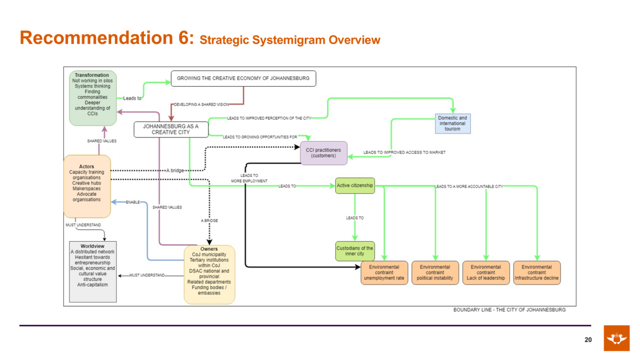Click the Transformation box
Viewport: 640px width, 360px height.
(x=93, y=98)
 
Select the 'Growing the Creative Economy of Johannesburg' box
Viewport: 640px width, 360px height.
(x=243, y=79)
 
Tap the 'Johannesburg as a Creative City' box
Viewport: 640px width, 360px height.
(x=171, y=129)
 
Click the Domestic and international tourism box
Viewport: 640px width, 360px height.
(x=453, y=123)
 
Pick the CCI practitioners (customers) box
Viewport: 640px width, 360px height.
(x=324, y=153)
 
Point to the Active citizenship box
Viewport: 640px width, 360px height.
(x=355, y=185)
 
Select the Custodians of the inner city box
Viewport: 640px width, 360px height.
(x=355, y=251)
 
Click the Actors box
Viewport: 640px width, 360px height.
(x=87, y=186)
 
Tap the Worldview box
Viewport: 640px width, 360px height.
(x=93, y=271)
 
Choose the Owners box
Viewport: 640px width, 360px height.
(x=209, y=275)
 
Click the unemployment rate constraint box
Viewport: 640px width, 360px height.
(x=384, y=273)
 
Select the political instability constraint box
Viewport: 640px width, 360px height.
(x=435, y=273)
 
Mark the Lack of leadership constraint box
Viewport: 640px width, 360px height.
(x=486, y=273)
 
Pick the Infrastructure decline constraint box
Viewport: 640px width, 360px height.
(x=537, y=273)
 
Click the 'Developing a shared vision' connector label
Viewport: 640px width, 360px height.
(x=202, y=105)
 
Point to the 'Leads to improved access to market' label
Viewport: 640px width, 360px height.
(x=404, y=153)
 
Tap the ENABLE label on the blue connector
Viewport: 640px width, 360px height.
(x=133, y=202)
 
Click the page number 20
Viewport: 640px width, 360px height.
(x=588, y=340)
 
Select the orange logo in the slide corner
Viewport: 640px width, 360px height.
(x=617, y=338)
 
